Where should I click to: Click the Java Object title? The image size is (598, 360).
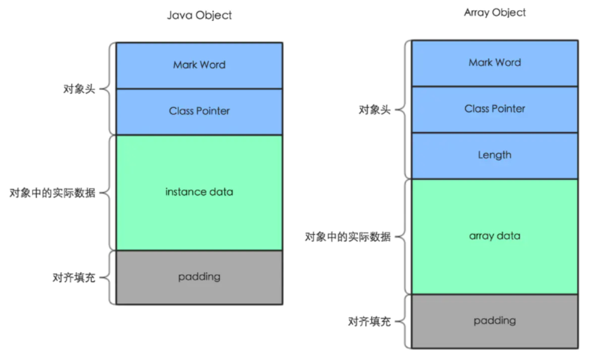199,16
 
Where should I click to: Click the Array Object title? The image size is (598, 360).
495,13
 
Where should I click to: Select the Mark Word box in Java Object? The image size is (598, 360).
199,65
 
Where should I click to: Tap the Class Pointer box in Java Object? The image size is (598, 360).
199,111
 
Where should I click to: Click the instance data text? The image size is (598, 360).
199,192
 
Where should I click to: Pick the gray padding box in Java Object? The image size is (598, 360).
199,277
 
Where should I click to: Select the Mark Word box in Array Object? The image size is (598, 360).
495,62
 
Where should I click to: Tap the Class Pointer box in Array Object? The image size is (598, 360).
495,109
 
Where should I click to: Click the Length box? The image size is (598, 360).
495,155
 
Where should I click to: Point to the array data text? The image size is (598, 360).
495,236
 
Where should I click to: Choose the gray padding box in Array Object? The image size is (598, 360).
495,321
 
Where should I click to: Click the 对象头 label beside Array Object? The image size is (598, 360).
375,110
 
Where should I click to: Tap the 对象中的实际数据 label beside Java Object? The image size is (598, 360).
52,193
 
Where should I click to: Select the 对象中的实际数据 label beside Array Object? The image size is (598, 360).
348,237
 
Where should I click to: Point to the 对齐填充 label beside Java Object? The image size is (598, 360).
74,278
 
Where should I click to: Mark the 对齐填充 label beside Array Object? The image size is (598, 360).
369,322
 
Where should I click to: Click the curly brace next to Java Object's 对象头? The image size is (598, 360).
107,89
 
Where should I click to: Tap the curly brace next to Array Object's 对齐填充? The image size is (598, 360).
403,322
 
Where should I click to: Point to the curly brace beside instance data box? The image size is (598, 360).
107,193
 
